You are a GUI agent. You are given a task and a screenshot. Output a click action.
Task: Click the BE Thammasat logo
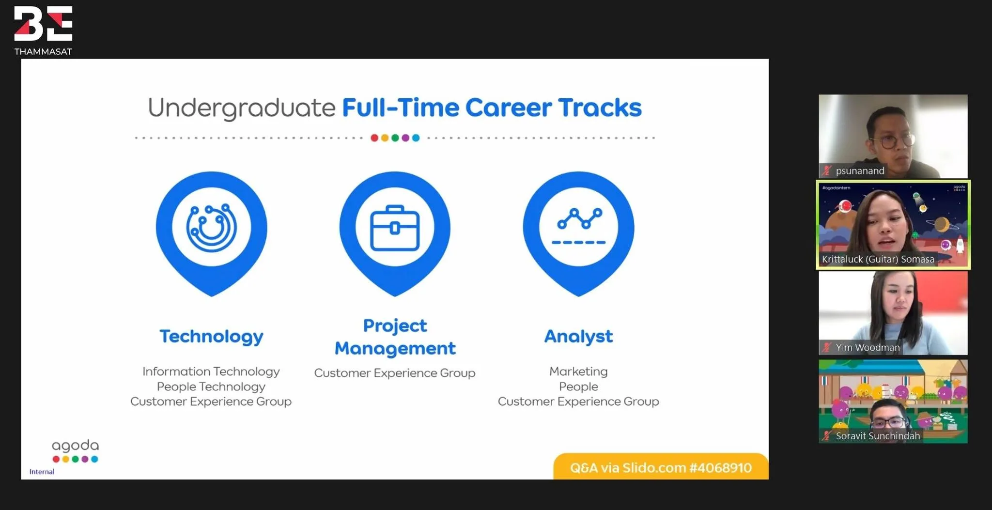[x=43, y=31]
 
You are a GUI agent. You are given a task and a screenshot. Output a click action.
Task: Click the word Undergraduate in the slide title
[x=242, y=108]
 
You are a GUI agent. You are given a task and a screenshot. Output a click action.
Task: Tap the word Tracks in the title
[x=600, y=107]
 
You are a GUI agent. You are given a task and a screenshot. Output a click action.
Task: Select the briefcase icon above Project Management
[x=395, y=228]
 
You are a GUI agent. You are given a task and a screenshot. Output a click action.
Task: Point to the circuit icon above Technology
[x=212, y=227]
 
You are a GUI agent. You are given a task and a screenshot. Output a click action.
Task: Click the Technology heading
[x=212, y=337]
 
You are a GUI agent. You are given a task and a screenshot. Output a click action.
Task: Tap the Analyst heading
[x=578, y=336]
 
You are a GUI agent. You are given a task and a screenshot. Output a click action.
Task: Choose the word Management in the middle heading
[x=395, y=348]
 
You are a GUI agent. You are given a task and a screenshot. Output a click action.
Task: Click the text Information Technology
[x=211, y=371]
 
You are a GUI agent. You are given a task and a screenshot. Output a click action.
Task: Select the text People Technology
[x=211, y=386]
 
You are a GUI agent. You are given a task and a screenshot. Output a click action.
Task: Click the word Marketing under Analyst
[x=578, y=371]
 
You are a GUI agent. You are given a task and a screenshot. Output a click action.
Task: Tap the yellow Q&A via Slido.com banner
[x=661, y=466]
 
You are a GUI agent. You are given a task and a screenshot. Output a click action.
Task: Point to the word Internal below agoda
[x=42, y=472]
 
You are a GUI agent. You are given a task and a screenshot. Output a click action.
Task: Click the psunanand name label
[x=860, y=170]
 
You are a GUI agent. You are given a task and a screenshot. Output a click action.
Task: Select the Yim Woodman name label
[x=868, y=347]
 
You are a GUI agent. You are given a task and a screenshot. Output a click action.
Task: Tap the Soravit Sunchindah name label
[x=878, y=435]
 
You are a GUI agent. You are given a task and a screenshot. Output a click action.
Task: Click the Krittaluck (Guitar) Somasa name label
[x=878, y=259]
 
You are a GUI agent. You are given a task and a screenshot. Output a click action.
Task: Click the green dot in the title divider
[x=395, y=138]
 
